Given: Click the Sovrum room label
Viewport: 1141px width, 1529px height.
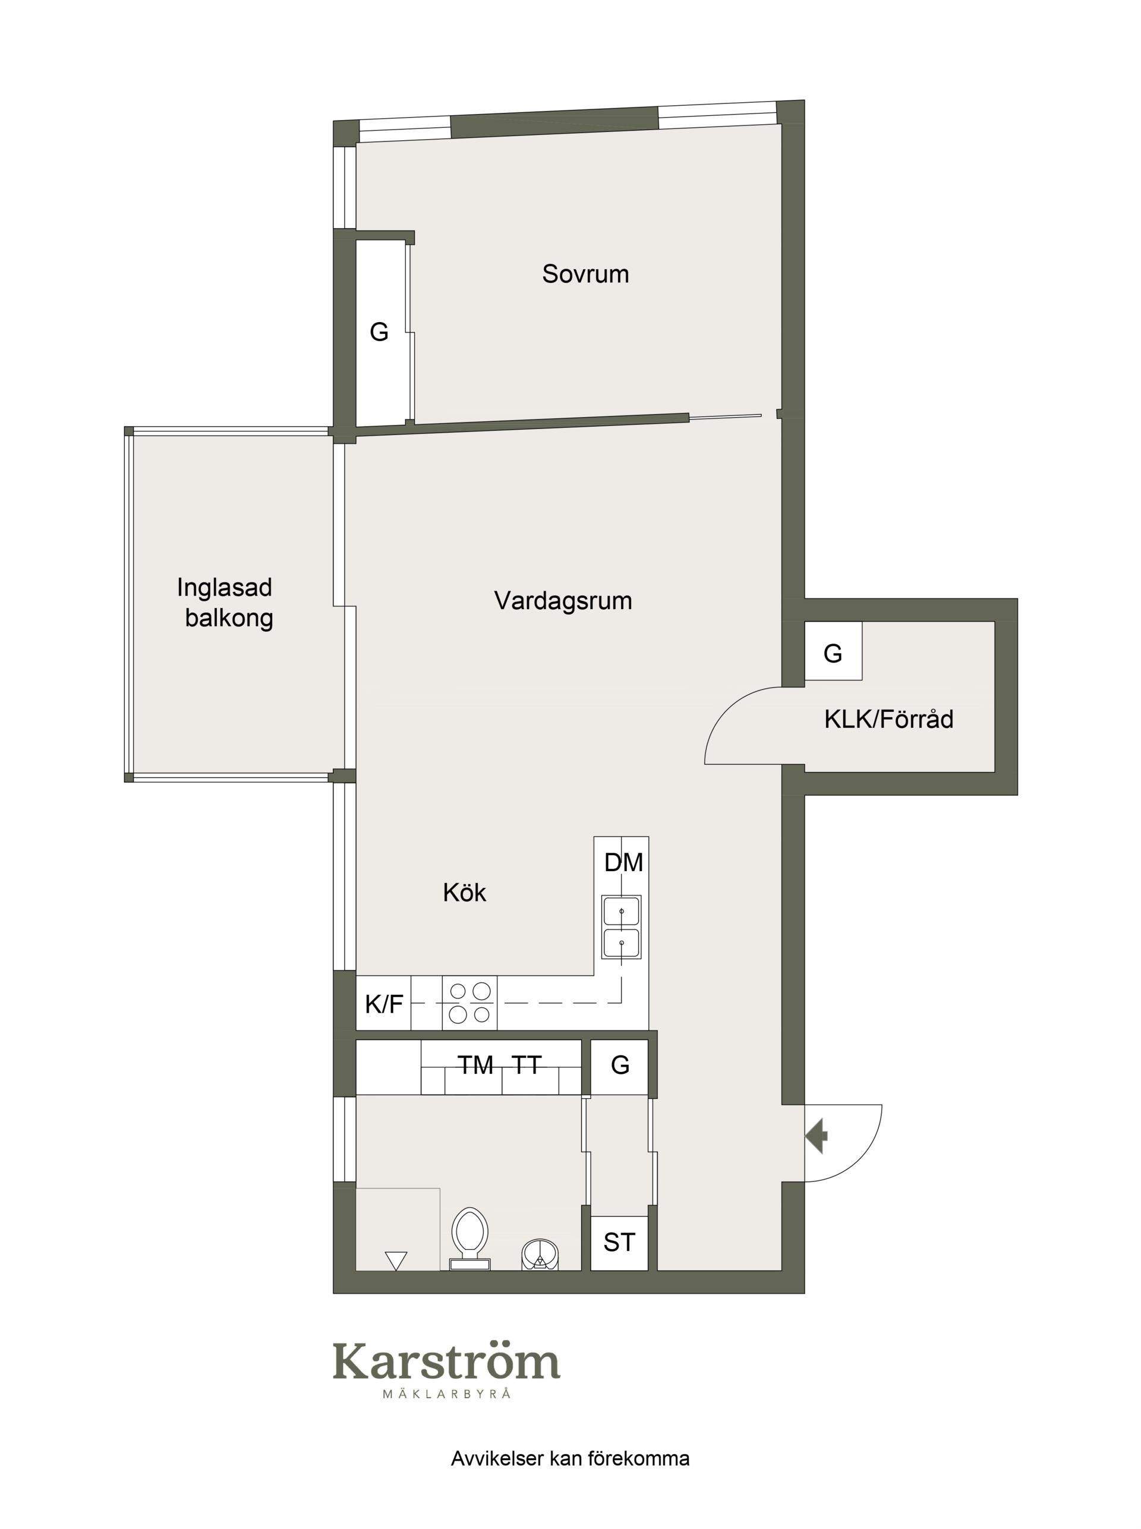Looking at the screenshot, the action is [585, 274].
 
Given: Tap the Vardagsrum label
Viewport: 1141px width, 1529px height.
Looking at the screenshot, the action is [563, 601].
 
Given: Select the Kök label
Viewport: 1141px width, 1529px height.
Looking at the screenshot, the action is [464, 893].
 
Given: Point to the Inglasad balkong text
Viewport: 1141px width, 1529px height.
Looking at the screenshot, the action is [225, 602].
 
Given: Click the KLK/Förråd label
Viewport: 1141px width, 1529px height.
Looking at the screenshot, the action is [888, 720].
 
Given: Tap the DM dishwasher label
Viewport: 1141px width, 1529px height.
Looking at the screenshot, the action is [623, 863].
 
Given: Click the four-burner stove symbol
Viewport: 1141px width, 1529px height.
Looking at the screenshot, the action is [469, 1002].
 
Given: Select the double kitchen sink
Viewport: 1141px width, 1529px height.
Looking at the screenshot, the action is [621, 928].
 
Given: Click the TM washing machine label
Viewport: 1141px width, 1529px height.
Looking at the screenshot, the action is [475, 1065].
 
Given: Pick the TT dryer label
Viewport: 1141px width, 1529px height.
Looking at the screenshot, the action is [527, 1065].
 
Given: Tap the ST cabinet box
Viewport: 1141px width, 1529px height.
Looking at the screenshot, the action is [619, 1243].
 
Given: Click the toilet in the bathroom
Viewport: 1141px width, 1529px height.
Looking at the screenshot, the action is [469, 1239].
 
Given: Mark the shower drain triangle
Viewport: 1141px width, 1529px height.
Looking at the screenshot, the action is [396, 1261].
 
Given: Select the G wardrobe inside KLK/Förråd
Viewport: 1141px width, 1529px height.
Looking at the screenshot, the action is [833, 651].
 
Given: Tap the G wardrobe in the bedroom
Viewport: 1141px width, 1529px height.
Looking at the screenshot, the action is [379, 332].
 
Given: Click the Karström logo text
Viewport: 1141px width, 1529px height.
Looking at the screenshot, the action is [446, 1360].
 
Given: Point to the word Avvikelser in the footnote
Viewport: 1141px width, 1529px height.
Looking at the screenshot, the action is [497, 1458].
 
